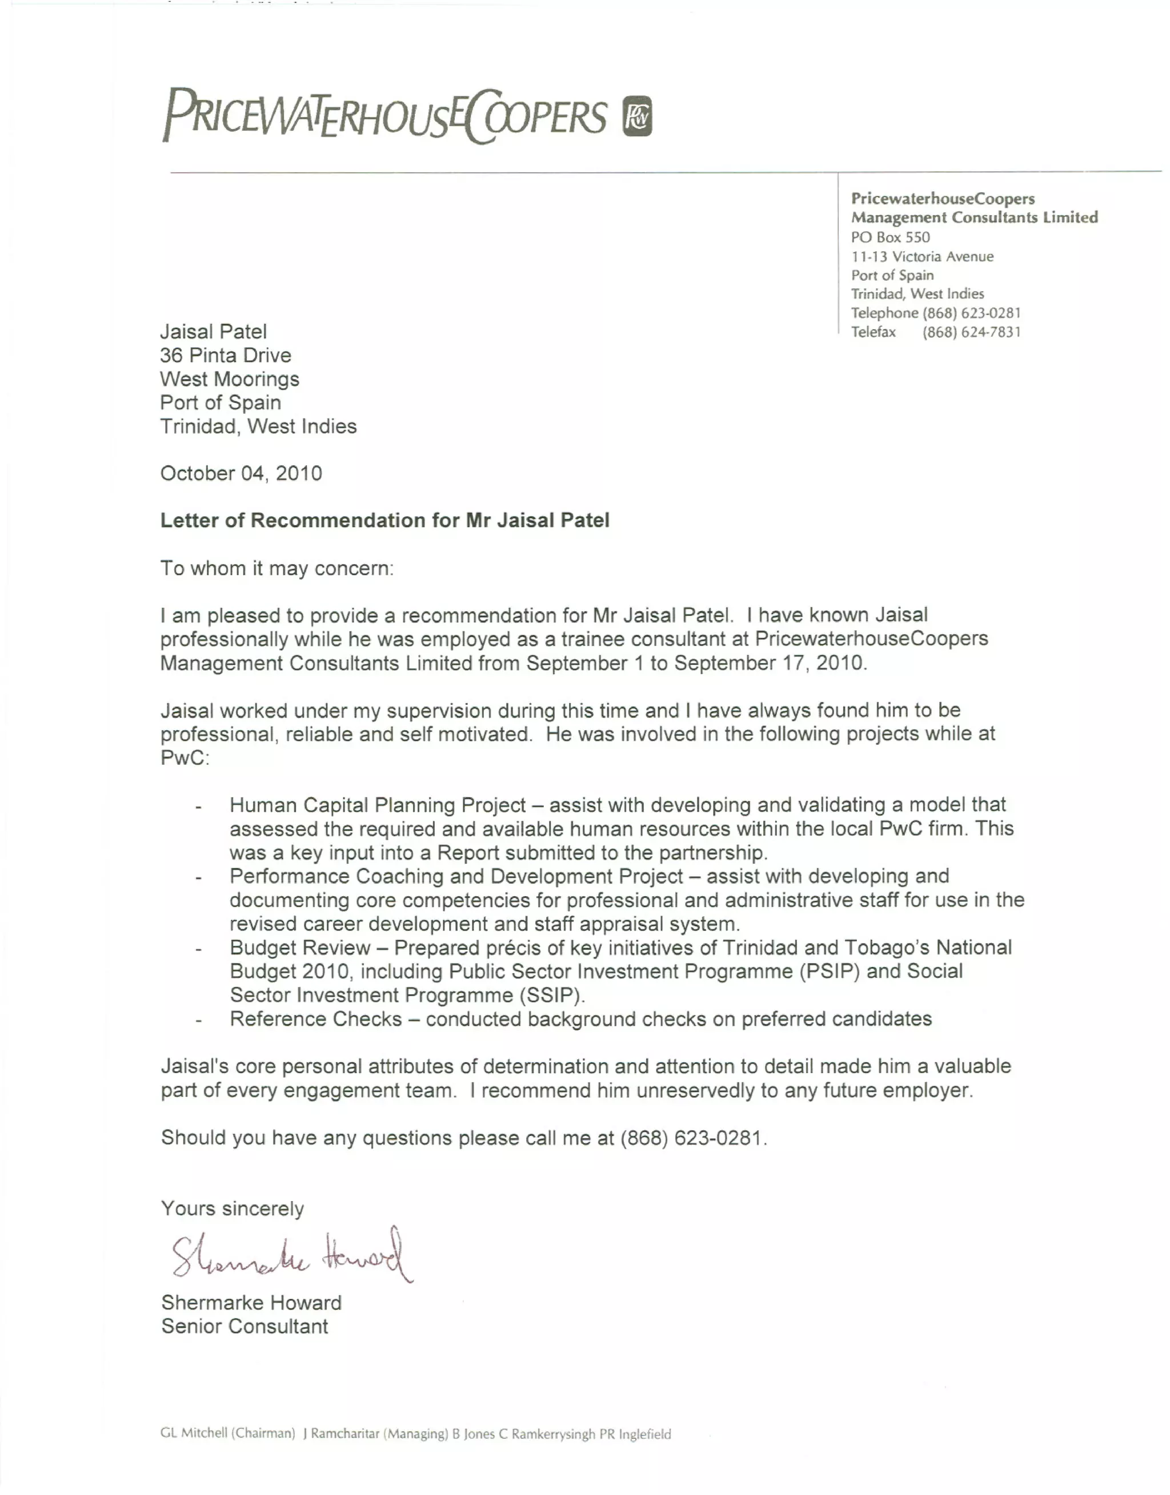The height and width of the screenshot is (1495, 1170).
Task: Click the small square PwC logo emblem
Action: pos(637,116)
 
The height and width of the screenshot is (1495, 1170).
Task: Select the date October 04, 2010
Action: pos(241,474)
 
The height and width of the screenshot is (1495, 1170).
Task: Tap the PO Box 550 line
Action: pos(891,237)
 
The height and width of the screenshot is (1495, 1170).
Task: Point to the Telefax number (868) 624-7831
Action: pos(971,332)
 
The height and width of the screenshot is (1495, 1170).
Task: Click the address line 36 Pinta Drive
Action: pos(225,355)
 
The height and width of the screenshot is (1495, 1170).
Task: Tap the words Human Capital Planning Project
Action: pos(378,805)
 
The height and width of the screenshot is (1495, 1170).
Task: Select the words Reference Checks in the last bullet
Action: pos(316,1019)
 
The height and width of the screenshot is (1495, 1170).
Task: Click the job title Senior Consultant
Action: pos(245,1327)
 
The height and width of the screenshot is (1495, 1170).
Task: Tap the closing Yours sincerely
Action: pos(232,1208)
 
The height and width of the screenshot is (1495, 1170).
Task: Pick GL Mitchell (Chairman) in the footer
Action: pos(227,1433)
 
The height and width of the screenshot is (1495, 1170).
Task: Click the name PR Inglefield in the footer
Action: pos(635,1434)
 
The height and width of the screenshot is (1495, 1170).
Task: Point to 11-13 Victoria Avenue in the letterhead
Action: pos(922,257)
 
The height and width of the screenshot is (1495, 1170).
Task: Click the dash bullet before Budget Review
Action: pos(198,949)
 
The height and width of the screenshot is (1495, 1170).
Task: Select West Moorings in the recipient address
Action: pos(230,379)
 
